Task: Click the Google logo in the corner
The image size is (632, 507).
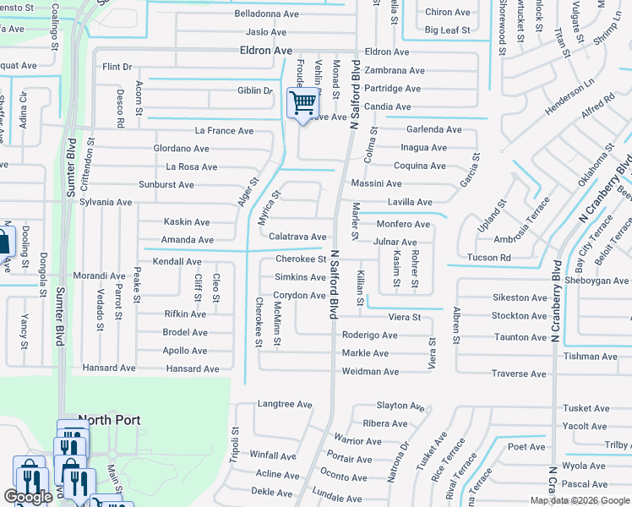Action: pos(28,497)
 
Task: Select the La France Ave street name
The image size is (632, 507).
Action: pos(224,131)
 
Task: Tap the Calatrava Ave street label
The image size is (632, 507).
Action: pos(297,237)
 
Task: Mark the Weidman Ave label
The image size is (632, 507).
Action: pos(370,372)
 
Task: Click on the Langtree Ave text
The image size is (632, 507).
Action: pos(285,405)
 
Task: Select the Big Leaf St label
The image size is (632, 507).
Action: pos(447,30)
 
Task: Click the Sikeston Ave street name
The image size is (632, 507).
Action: pos(520,297)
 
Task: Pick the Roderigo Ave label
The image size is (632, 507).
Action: pos(370,335)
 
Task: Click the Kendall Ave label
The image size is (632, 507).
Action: pos(177,262)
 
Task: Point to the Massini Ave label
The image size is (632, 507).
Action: pos(377,183)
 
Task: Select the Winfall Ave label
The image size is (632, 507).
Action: pos(273,455)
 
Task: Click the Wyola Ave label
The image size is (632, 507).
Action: pos(584,466)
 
